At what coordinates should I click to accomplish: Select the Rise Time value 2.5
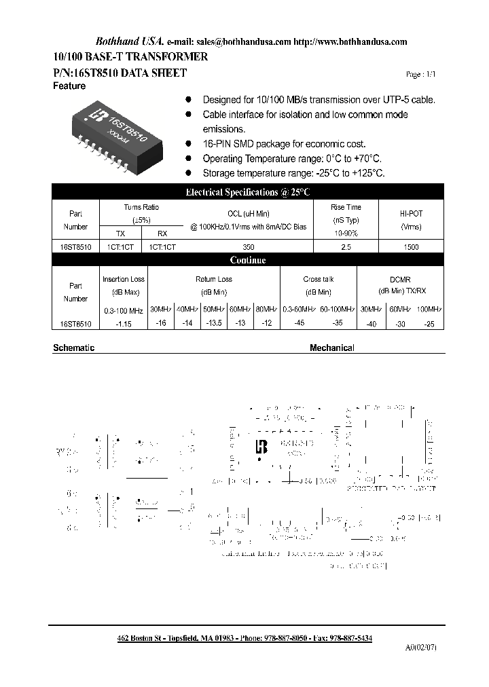[346, 248]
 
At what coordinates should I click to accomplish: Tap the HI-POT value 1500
[411, 248]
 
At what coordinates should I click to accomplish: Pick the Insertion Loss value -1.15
[123, 324]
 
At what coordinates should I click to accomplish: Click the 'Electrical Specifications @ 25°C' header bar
[248, 193]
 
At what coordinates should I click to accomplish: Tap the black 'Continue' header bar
[248, 261]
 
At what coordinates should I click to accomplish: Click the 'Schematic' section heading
[73, 348]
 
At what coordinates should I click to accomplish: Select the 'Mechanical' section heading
[332, 348]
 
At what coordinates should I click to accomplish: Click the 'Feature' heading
[69, 86]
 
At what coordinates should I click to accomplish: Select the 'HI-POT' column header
[411, 213]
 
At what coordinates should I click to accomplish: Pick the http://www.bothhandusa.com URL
[350, 42]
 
